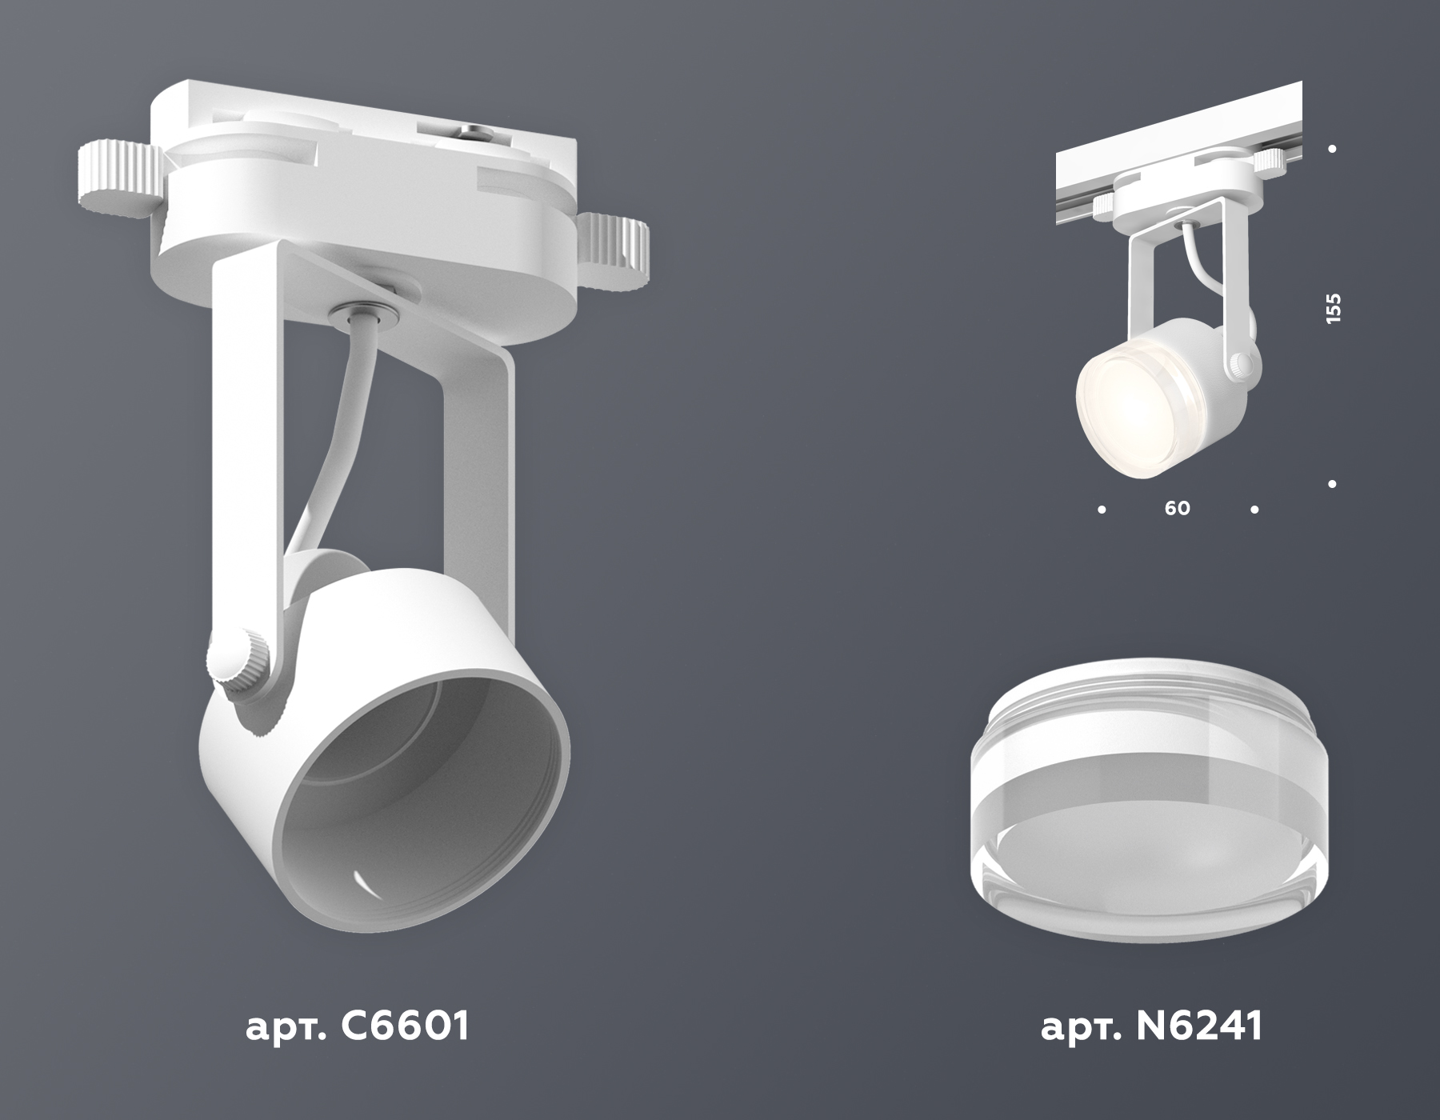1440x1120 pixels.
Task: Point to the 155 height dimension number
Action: click(x=1333, y=309)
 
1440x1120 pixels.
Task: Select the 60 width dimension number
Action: click(x=1178, y=509)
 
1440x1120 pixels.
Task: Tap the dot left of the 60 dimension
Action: click(x=1102, y=509)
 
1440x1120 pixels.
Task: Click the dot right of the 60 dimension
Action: click(x=1254, y=509)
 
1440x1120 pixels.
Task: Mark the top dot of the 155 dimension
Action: click(x=1332, y=149)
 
